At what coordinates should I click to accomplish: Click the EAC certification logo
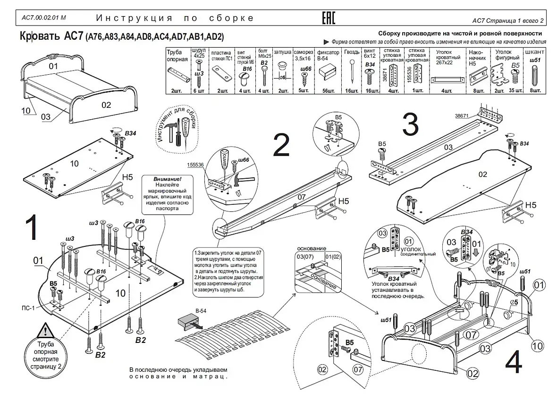[x=329, y=18]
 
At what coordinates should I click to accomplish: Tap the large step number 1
[x=31, y=229]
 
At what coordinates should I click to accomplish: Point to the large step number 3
[x=410, y=124]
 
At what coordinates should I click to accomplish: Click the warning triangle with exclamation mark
[x=45, y=330]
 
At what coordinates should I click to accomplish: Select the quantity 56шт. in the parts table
[x=329, y=90]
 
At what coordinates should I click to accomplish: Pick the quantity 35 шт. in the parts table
[x=516, y=90]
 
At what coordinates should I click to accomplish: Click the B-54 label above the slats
[x=201, y=311]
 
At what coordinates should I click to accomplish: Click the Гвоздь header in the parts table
[x=352, y=52]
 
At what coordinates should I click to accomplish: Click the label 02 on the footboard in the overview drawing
[x=107, y=105]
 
